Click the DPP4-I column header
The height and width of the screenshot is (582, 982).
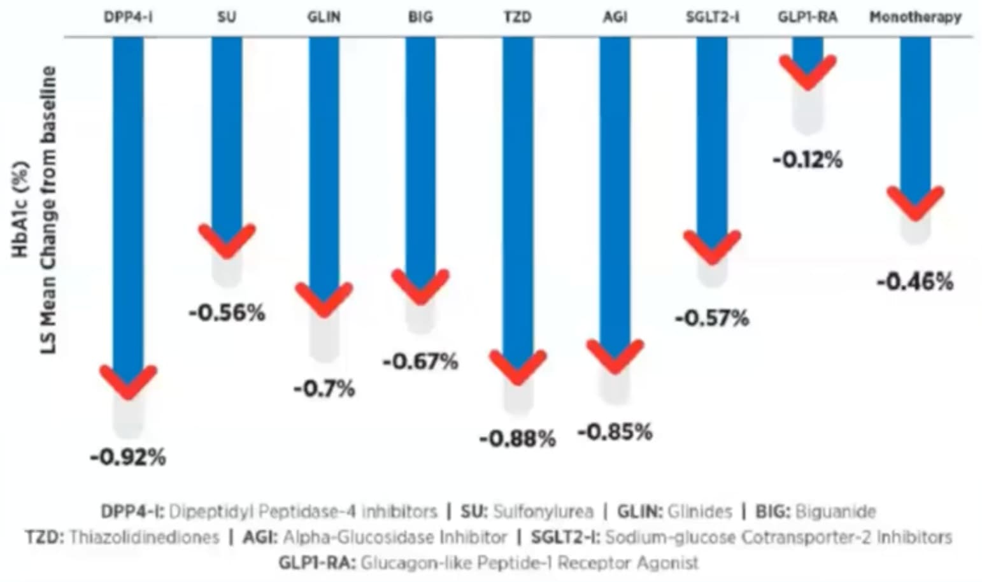pos(128,17)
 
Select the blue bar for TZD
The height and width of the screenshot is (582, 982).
pos(517,191)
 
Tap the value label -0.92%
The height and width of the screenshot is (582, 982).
pos(128,457)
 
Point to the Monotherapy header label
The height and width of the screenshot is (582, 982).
pos(915,17)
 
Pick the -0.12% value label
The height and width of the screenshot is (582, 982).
pos(808,160)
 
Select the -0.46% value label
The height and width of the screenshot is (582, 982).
pos(915,281)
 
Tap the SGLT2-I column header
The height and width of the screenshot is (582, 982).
pos(712,17)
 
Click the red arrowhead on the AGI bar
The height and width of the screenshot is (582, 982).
pos(615,357)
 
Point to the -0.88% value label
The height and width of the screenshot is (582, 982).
pos(517,439)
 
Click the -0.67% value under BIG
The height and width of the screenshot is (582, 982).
pos(420,362)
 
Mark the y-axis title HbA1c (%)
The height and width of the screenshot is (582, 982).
pos(21,210)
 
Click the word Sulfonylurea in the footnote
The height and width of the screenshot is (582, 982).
pos(543,511)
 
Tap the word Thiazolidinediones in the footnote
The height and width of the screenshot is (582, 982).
pos(144,537)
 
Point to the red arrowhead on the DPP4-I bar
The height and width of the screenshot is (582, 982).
pos(128,381)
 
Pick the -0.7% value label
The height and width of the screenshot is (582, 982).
pos(324,388)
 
